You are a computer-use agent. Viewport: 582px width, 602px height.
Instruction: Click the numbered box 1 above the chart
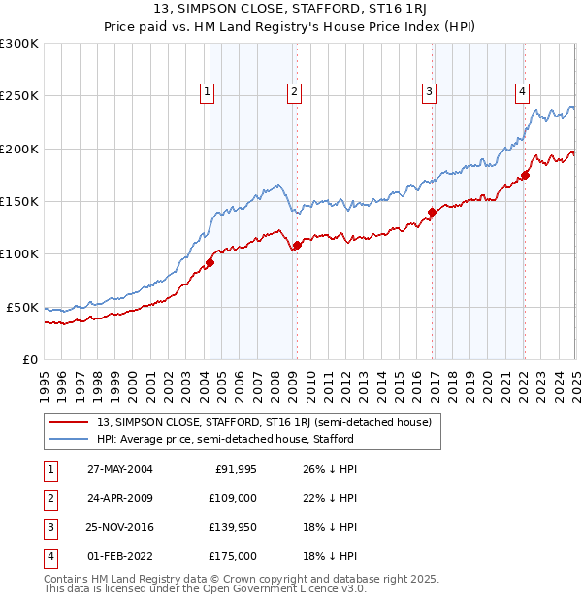(208, 92)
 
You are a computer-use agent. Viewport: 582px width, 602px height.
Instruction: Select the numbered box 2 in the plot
(294, 92)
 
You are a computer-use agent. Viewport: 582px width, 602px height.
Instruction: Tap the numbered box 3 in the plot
(429, 92)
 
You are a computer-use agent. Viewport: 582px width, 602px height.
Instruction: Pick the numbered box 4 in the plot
(522, 92)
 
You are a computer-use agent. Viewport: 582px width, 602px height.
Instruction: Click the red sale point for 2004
(210, 262)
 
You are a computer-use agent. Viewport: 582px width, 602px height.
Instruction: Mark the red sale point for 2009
(297, 245)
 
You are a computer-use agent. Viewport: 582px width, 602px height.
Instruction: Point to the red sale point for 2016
(432, 212)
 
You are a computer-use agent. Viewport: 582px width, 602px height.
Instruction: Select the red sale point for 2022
(525, 175)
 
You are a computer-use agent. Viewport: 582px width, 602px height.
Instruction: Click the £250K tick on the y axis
(20, 96)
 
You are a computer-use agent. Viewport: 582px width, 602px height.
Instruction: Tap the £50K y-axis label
(23, 307)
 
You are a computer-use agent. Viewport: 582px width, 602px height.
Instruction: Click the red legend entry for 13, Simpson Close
(270, 422)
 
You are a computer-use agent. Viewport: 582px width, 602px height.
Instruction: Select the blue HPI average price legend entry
(225, 439)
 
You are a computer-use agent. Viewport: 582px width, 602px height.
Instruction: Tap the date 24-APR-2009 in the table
(120, 499)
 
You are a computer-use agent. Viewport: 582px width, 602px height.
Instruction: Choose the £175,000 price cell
(233, 557)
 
